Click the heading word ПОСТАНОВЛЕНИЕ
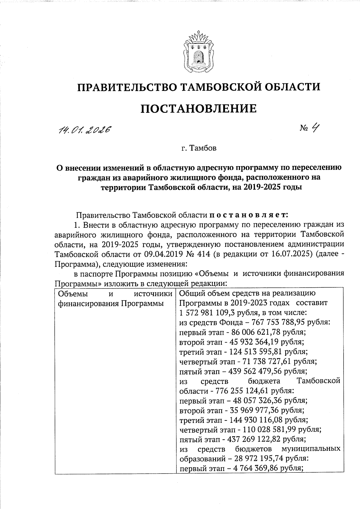tap(199, 108)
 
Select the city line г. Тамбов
tap(199, 148)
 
